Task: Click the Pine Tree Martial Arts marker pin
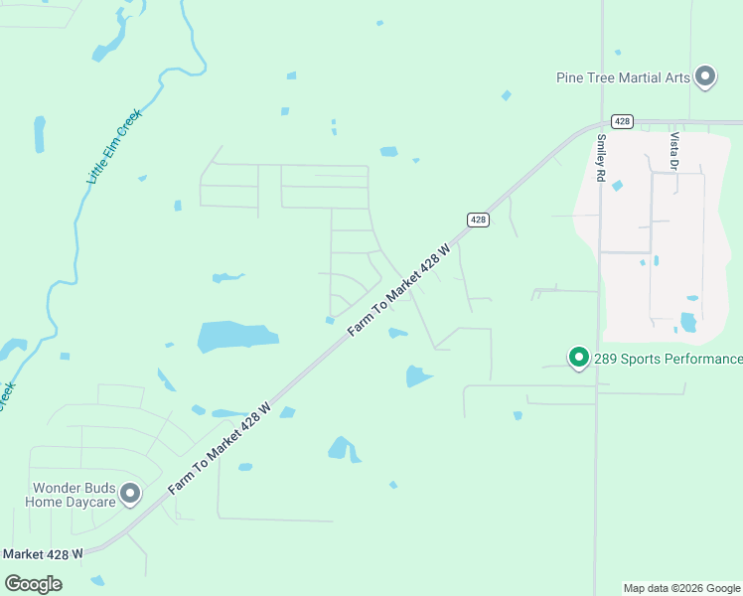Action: tap(705, 75)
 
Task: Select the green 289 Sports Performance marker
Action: tap(578, 357)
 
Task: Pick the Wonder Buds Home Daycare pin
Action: tap(129, 493)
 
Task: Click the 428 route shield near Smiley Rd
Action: tap(622, 121)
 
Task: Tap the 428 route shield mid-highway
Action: tap(478, 220)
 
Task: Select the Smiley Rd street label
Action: tap(601, 158)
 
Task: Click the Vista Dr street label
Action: tap(674, 151)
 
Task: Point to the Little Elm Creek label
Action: tap(115, 146)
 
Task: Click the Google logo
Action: tap(34, 584)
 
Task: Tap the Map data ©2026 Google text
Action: tap(681, 588)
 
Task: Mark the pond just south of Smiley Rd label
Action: tap(618, 186)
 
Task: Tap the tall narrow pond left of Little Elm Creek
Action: tap(40, 134)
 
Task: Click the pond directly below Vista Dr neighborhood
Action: tap(687, 322)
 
